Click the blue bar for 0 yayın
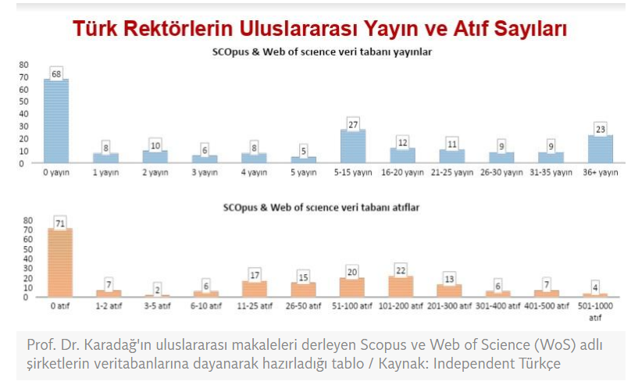click(56, 121)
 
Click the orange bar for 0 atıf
click(60, 262)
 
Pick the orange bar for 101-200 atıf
click(401, 287)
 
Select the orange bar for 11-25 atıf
click(255, 289)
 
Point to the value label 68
click(56, 73)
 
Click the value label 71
click(60, 223)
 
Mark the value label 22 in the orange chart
click(401, 269)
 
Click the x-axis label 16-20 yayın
click(404, 172)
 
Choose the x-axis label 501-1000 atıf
click(597, 311)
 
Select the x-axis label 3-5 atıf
click(158, 305)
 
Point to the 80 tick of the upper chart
click(23, 65)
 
